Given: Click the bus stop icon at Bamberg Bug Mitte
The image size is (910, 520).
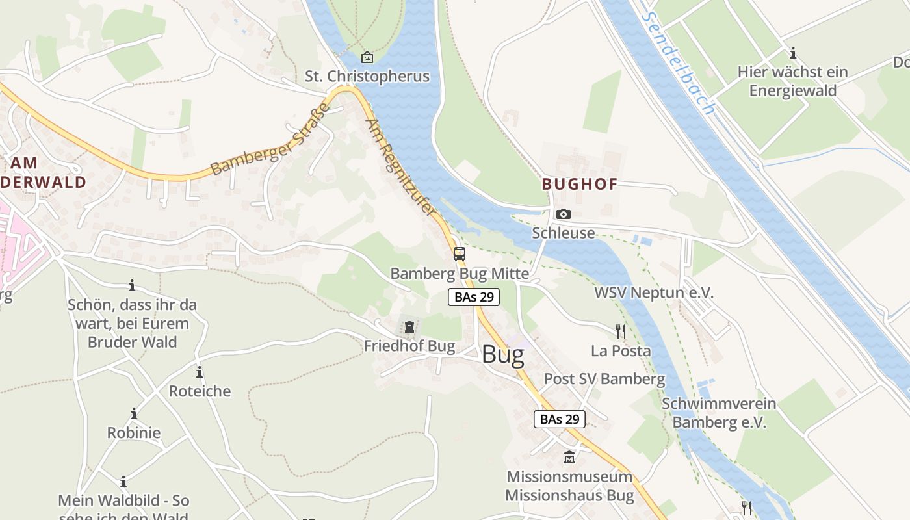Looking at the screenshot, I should pyautogui.click(x=460, y=254).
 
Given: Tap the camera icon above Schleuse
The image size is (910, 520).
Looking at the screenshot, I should pyautogui.click(x=564, y=214).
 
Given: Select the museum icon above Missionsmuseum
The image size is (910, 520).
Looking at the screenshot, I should pyautogui.click(x=569, y=458).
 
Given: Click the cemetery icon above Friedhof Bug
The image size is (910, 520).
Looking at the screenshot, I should pyautogui.click(x=409, y=327).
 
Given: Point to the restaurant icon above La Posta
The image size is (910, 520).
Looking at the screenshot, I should pyautogui.click(x=621, y=331).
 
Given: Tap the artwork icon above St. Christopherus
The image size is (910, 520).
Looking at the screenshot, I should pyautogui.click(x=367, y=57).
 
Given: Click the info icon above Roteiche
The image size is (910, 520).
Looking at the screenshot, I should pyautogui.click(x=200, y=372).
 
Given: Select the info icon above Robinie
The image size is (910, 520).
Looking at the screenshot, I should pyautogui.click(x=134, y=414).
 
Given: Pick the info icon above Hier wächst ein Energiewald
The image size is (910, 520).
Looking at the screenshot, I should pyautogui.click(x=792, y=53).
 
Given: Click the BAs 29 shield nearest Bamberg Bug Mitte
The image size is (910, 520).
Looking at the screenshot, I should pyautogui.click(x=474, y=297).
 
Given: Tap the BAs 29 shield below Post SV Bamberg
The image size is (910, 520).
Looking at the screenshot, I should pyautogui.click(x=560, y=419).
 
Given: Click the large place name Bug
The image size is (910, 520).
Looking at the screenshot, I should pyautogui.click(x=503, y=356).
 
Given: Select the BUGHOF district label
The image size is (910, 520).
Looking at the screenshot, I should pyautogui.click(x=580, y=184).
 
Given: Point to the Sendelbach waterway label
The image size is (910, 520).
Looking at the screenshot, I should pyautogui.click(x=677, y=62).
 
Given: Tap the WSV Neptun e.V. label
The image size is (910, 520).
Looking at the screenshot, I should pyautogui.click(x=654, y=293).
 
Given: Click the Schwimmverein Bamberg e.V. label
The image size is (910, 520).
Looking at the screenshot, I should pyautogui.click(x=719, y=413).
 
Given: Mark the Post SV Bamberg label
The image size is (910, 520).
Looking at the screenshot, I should pyautogui.click(x=604, y=379).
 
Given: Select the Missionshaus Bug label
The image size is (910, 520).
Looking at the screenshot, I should pyautogui.click(x=569, y=495).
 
